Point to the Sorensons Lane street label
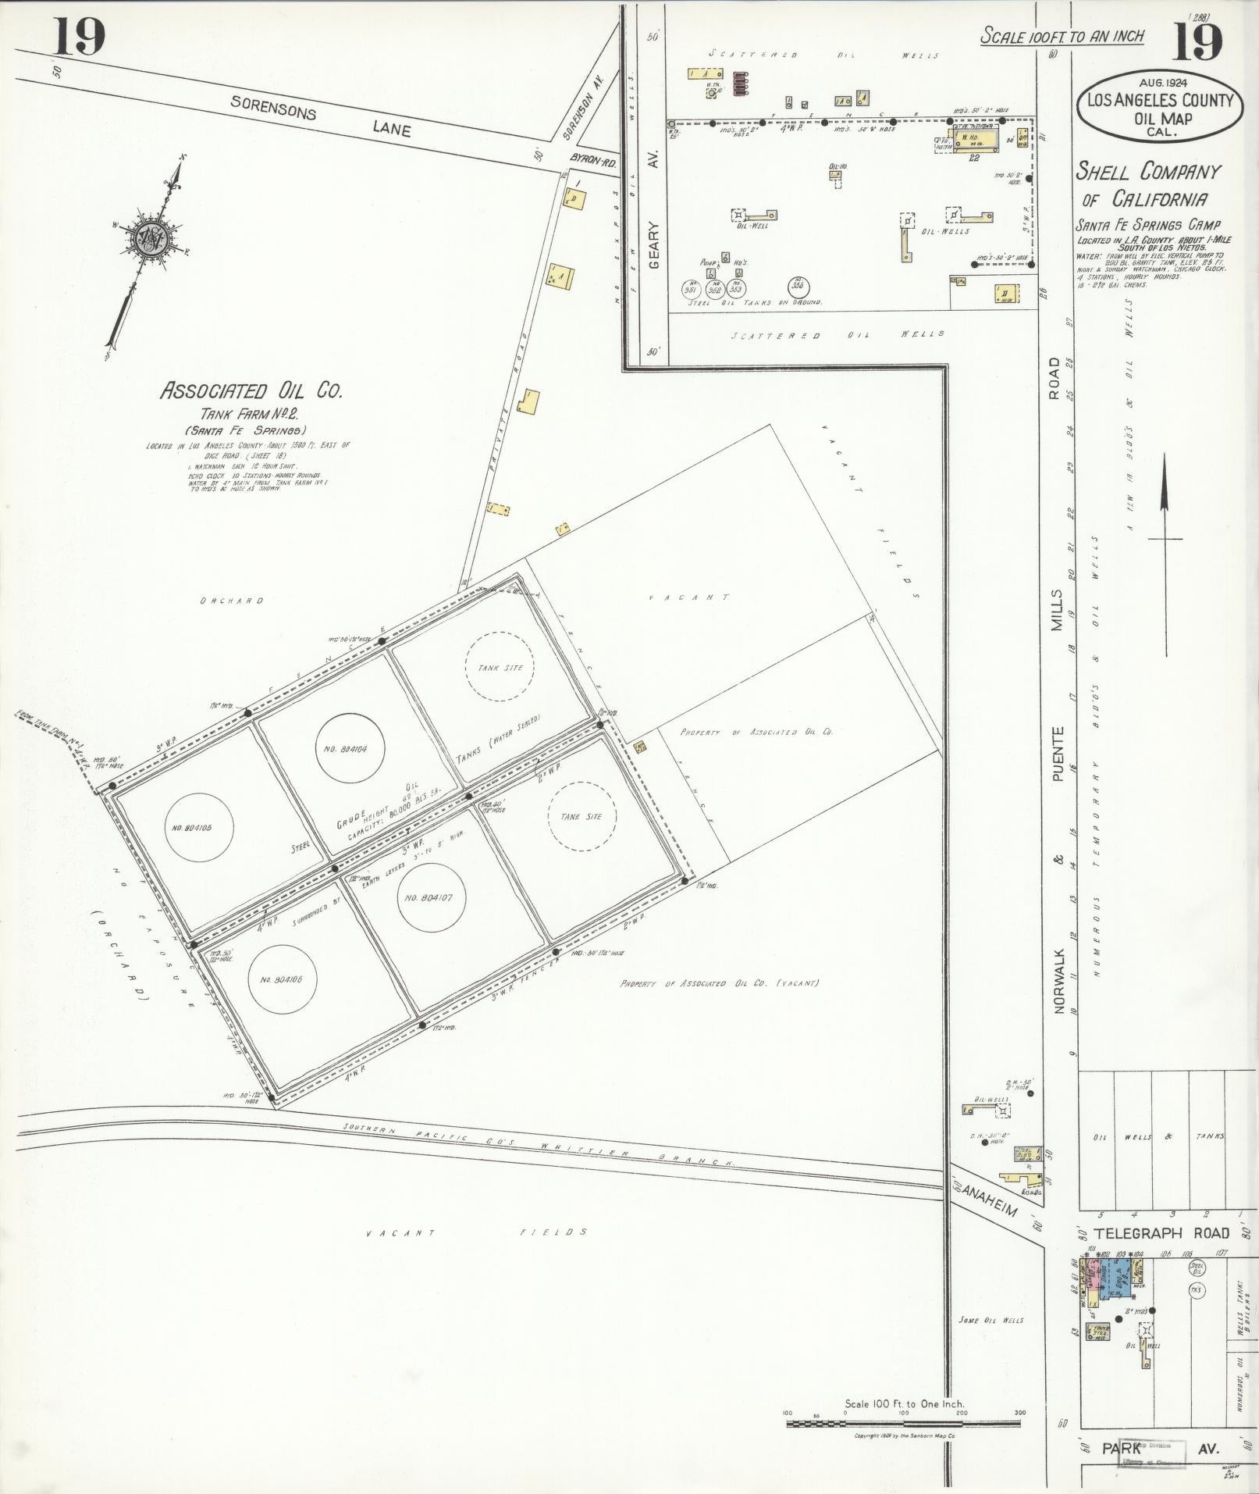point(320,118)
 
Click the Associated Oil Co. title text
point(251,390)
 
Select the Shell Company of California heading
point(1147,184)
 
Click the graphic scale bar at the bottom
point(903,1423)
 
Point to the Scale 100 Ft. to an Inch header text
point(1062,36)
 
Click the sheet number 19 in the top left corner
point(79,37)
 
